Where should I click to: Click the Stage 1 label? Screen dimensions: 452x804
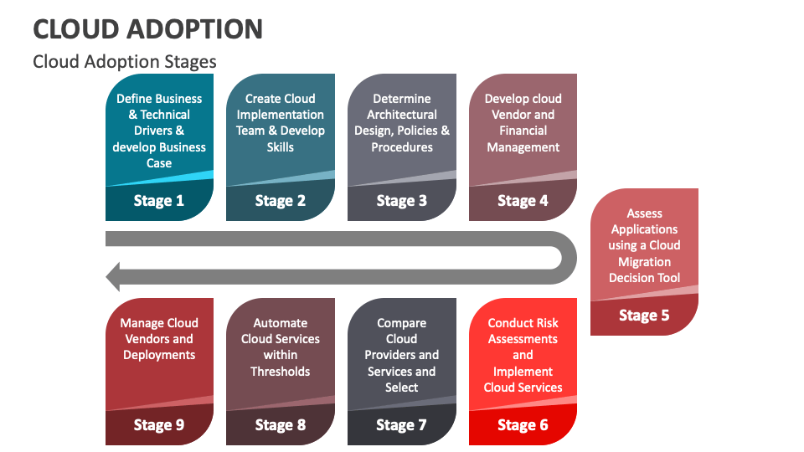159,201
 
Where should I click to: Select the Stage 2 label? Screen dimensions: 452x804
281,201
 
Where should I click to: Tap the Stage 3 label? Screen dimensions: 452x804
402,201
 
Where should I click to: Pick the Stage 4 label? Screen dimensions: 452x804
523,201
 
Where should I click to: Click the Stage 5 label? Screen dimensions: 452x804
644,316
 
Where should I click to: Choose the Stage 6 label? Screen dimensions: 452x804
523,425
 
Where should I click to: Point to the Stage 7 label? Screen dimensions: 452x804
402,425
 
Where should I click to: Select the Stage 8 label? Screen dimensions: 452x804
281,425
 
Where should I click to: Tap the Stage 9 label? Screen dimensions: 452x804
159,425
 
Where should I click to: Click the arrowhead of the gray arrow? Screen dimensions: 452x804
115,276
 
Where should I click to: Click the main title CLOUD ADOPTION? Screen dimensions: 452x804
147,28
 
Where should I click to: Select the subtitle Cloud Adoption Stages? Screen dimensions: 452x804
125,62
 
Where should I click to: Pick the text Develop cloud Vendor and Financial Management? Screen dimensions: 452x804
523,122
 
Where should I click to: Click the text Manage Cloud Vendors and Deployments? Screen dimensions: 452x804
159,339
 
